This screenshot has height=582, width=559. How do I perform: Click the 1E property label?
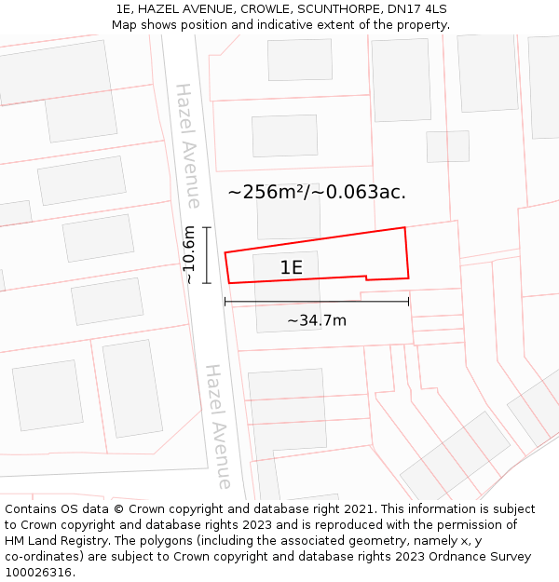[x=292, y=268]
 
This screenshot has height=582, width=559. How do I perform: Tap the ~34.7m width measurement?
[x=317, y=321]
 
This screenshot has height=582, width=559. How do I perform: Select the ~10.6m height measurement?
[x=189, y=254]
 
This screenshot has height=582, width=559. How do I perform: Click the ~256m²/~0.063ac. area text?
[x=317, y=193]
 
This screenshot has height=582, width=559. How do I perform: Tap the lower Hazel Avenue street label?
[x=217, y=426]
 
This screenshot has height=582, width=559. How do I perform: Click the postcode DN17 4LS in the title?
[x=415, y=8]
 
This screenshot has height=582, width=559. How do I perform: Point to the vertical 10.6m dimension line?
[x=207, y=254]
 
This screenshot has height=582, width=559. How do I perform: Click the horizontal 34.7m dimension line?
[x=317, y=302]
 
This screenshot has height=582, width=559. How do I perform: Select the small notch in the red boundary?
[x=366, y=277]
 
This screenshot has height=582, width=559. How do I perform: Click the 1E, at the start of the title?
[x=124, y=8]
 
